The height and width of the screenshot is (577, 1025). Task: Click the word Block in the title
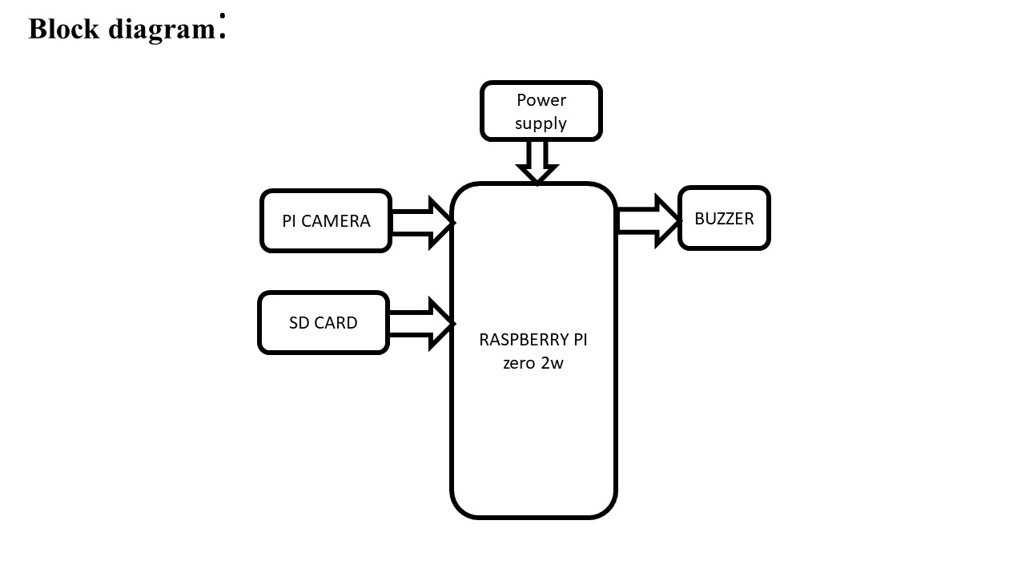[x=64, y=29]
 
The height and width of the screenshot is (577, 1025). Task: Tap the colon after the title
[x=222, y=26]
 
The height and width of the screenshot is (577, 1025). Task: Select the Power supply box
[x=541, y=111]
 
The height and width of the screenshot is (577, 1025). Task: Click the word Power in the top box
[x=541, y=100]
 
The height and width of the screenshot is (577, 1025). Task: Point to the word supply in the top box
[x=541, y=123]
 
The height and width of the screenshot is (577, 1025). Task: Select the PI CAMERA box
[x=326, y=221]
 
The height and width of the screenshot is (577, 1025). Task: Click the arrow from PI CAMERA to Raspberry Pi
[x=423, y=223]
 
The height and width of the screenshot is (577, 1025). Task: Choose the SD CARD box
[x=324, y=323]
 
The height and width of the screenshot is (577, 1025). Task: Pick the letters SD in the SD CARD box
[x=299, y=323]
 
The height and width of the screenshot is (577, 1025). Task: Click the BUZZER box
[x=724, y=219]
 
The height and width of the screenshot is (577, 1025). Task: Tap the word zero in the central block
[x=520, y=362]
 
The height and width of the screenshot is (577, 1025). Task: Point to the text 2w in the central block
[x=553, y=362]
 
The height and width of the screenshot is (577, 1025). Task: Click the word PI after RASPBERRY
[x=579, y=340]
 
